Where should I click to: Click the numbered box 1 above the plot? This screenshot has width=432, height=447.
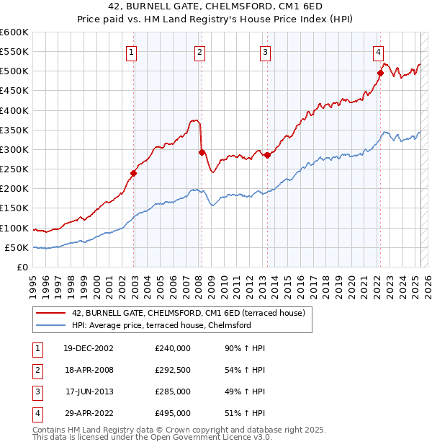tap(132, 52)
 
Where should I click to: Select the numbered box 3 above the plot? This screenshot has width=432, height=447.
tap(265, 52)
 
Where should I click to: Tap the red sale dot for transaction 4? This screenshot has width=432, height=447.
tap(380, 73)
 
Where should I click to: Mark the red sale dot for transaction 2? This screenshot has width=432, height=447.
tap(202, 152)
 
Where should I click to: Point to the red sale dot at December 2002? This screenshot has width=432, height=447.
tap(134, 173)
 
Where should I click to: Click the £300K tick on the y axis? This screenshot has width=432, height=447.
tap(14, 149)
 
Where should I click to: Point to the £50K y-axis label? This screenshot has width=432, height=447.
tap(16, 247)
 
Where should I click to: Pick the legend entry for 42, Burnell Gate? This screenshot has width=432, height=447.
tap(189, 313)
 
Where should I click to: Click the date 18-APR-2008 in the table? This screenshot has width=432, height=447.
tap(89, 370)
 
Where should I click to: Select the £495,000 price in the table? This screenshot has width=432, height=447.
tap(173, 413)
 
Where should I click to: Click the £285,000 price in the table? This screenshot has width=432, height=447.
tap(173, 391)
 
